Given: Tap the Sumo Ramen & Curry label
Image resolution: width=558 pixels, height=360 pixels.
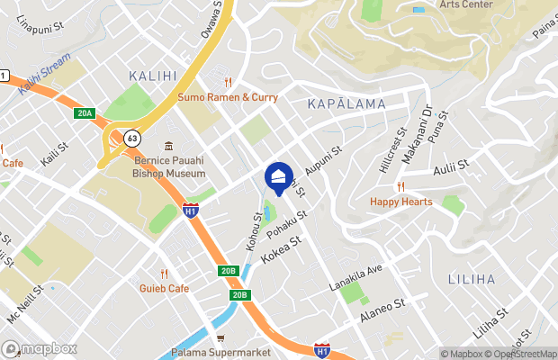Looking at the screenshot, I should click(228, 96).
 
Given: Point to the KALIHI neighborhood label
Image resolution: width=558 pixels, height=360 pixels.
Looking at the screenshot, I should click(153, 76).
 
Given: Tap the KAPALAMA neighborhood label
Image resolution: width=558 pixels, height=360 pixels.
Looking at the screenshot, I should click(346, 104).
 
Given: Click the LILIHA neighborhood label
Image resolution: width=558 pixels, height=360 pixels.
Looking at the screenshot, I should click(470, 280).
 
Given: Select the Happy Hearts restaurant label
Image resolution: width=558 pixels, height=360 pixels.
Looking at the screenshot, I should click(400, 202).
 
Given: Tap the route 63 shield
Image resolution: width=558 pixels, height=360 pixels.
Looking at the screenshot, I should click(132, 139).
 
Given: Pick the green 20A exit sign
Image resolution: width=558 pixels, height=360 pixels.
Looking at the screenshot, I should click(85, 113).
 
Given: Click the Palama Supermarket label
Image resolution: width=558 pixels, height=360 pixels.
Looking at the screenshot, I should click(216, 353).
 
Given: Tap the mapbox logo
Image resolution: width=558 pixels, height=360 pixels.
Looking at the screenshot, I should click(40, 348).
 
